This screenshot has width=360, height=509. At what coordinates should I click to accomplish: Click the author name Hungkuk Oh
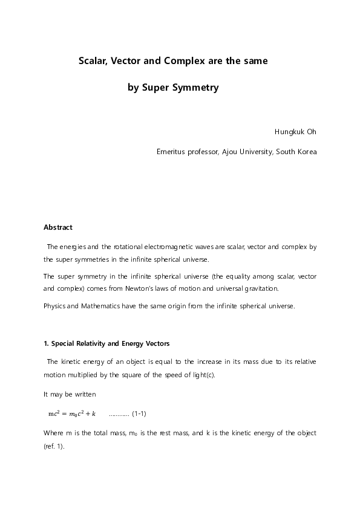(295, 131)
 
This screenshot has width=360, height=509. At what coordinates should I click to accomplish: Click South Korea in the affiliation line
(296, 152)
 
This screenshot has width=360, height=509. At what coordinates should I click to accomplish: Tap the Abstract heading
(58, 227)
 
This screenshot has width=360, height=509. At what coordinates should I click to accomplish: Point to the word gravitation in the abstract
(281, 289)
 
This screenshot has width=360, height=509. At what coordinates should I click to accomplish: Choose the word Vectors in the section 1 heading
(157, 343)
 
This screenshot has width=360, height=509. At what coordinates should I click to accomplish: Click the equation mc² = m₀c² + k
(72, 413)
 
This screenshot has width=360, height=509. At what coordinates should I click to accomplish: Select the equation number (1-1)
(139, 413)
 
